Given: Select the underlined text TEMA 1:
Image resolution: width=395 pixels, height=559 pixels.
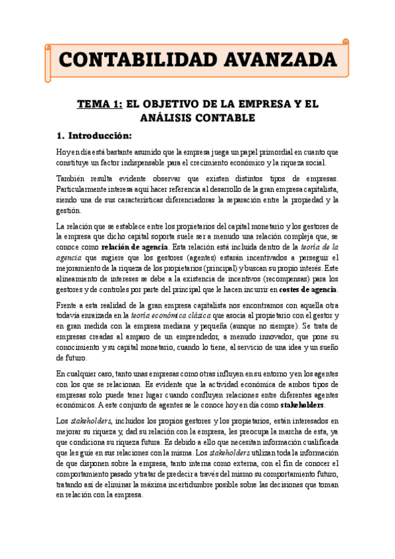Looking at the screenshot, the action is point(100,104).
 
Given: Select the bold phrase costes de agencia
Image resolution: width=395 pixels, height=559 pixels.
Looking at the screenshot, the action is point(308,289).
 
